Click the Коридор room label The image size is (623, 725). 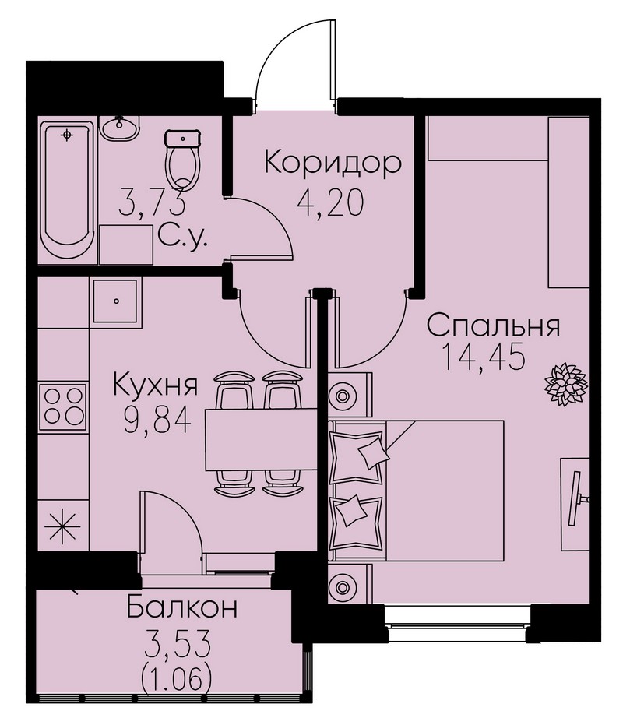coord(333,164)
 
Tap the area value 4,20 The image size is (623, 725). coord(330,203)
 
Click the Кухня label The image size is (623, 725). coord(156,385)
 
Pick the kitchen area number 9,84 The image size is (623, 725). coord(157,421)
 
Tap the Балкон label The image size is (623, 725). coord(181,607)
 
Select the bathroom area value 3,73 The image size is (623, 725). coord(152,202)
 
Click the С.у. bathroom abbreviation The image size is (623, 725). coord(182,237)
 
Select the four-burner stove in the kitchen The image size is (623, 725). coord(63,407)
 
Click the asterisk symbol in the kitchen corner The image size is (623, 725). coord(62,526)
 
